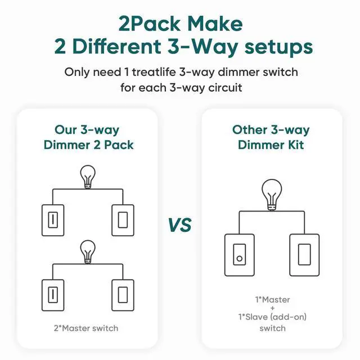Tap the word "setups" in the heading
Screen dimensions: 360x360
coord(278,47)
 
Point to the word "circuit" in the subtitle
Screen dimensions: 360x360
coord(225,88)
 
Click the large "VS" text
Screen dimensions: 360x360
coord(180,225)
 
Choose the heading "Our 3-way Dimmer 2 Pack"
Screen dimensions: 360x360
coord(88,137)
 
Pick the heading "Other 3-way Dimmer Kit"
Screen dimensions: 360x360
coord(271,137)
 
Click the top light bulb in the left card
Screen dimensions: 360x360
coord(88,177)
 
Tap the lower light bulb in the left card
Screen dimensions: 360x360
coord(88,252)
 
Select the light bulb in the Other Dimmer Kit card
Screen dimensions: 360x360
coord(272,195)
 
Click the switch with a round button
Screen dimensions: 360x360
coord(240,255)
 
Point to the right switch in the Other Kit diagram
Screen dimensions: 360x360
coord(304,255)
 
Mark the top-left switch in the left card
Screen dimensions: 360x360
coord(53,220)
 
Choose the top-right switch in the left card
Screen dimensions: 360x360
coord(123,220)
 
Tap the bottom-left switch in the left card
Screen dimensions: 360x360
coord(53,295)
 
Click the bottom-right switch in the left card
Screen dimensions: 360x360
coord(123,295)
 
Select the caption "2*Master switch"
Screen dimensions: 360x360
coord(86,328)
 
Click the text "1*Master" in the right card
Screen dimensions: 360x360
coord(272,300)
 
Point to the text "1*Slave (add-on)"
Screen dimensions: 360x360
coord(272,317)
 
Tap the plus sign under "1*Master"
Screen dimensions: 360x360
coord(273,308)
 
